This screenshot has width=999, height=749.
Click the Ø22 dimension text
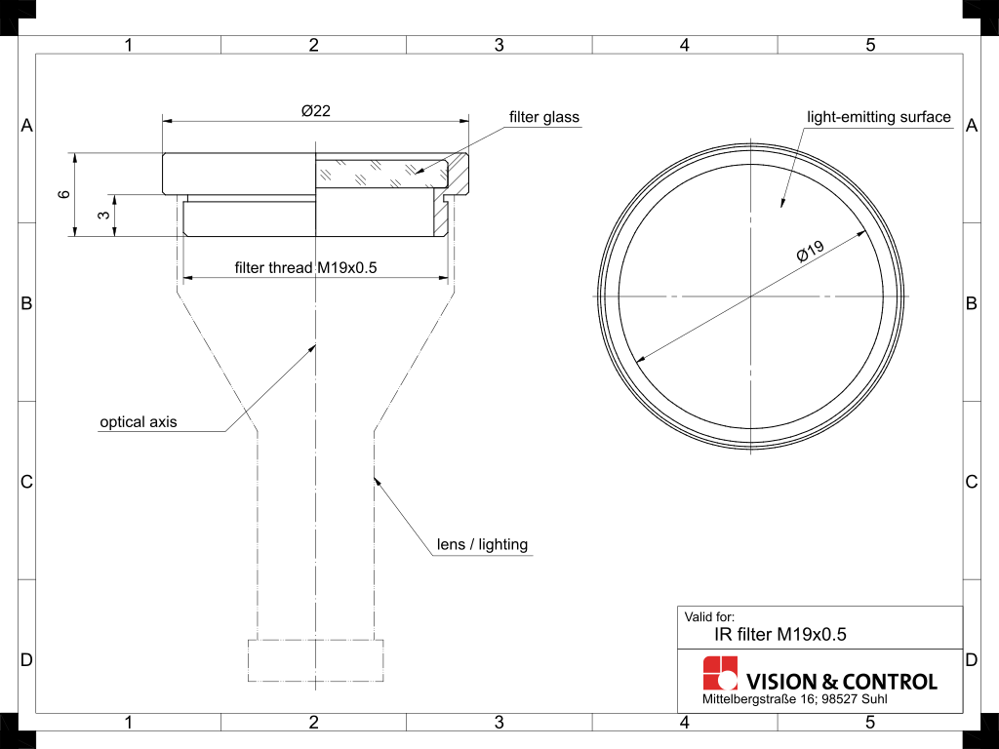(x=315, y=111)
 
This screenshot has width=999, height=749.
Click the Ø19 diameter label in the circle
(x=811, y=251)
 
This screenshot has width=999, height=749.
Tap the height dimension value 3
(x=104, y=216)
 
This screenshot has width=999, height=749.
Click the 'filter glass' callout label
(x=543, y=117)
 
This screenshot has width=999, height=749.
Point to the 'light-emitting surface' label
(x=878, y=117)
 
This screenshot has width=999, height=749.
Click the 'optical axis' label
(x=139, y=422)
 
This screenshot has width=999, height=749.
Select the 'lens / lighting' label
(x=481, y=544)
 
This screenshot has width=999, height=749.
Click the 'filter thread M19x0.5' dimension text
(x=305, y=267)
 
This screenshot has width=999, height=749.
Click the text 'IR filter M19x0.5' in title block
(x=780, y=634)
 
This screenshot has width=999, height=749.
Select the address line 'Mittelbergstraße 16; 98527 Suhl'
(x=794, y=700)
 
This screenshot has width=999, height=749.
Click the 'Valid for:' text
(x=709, y=616)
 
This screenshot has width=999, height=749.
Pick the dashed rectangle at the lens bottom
(x=315, y=660)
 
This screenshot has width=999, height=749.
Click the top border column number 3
(x=499, y=45)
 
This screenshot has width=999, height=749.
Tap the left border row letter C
(x=27, y=482)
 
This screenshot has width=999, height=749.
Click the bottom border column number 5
(x=870, y=723)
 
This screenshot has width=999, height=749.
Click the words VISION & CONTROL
(x=841, y=682)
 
